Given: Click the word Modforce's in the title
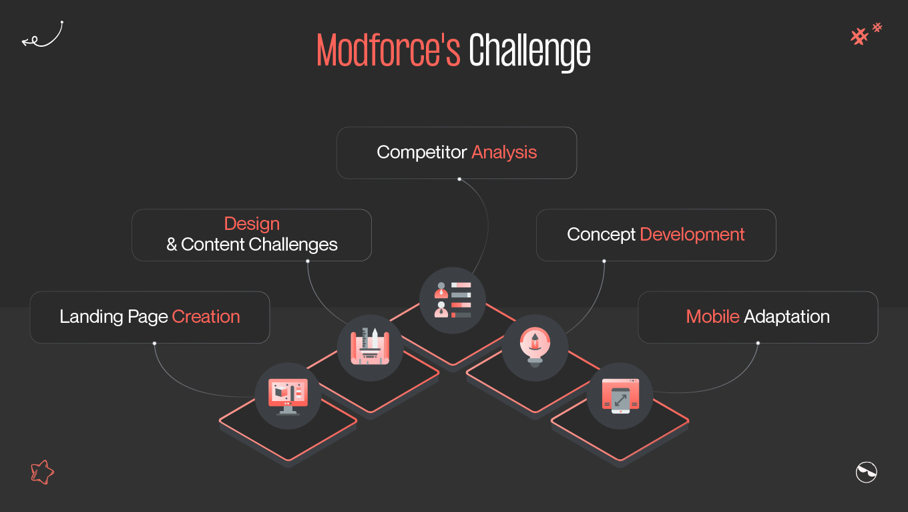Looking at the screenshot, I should pyautogui.click(x=388, y=51).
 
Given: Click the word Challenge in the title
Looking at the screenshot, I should pyautogui.click(x=529, y=51).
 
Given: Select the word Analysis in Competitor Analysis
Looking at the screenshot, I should pyautogui.click(x=504, y=152).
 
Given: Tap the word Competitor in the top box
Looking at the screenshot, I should pyautogui.click(x=421, y=152).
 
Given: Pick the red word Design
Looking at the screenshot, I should pyautogui.click(x=252, y=224).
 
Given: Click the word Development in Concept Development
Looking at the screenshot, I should pyautogui.click(x=692, y=235).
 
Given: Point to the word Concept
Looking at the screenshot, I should pyautogui.click(x=601, y=235).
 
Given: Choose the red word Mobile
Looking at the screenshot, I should pyautogui.click(x=712, y=317).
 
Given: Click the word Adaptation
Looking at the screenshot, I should pyautogui.click(x=786, y=317).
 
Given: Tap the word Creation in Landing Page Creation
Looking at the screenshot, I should pyautogui.click(x=206, y=317).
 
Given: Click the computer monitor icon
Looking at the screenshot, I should pyautogui.click(x=288, y=396).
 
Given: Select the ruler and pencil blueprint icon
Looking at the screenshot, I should pyautogui.click(x=370, y=348).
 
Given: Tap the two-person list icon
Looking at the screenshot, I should pyautogui.click(x=453, y=300).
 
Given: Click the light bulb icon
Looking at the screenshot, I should pyautogui.click(x=534, y=347).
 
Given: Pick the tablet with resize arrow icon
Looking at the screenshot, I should pyautogui.click(x=620, y=395).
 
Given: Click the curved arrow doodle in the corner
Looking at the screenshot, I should pyautogui.click(x=42, y=35).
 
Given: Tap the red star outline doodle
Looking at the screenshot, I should pyautogui.click(x=42, y=472).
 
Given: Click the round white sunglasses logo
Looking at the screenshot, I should pyautogui.click(x=866, y=472).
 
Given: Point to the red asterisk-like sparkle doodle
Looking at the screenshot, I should pyautogui.click(x=866, y=33).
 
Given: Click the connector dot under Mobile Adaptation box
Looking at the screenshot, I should pyautogui.click(x=758, y=343).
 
